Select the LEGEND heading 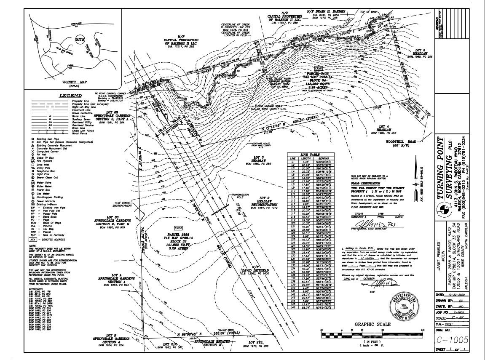71,96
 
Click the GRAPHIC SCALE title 372,324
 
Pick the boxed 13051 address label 320,68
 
